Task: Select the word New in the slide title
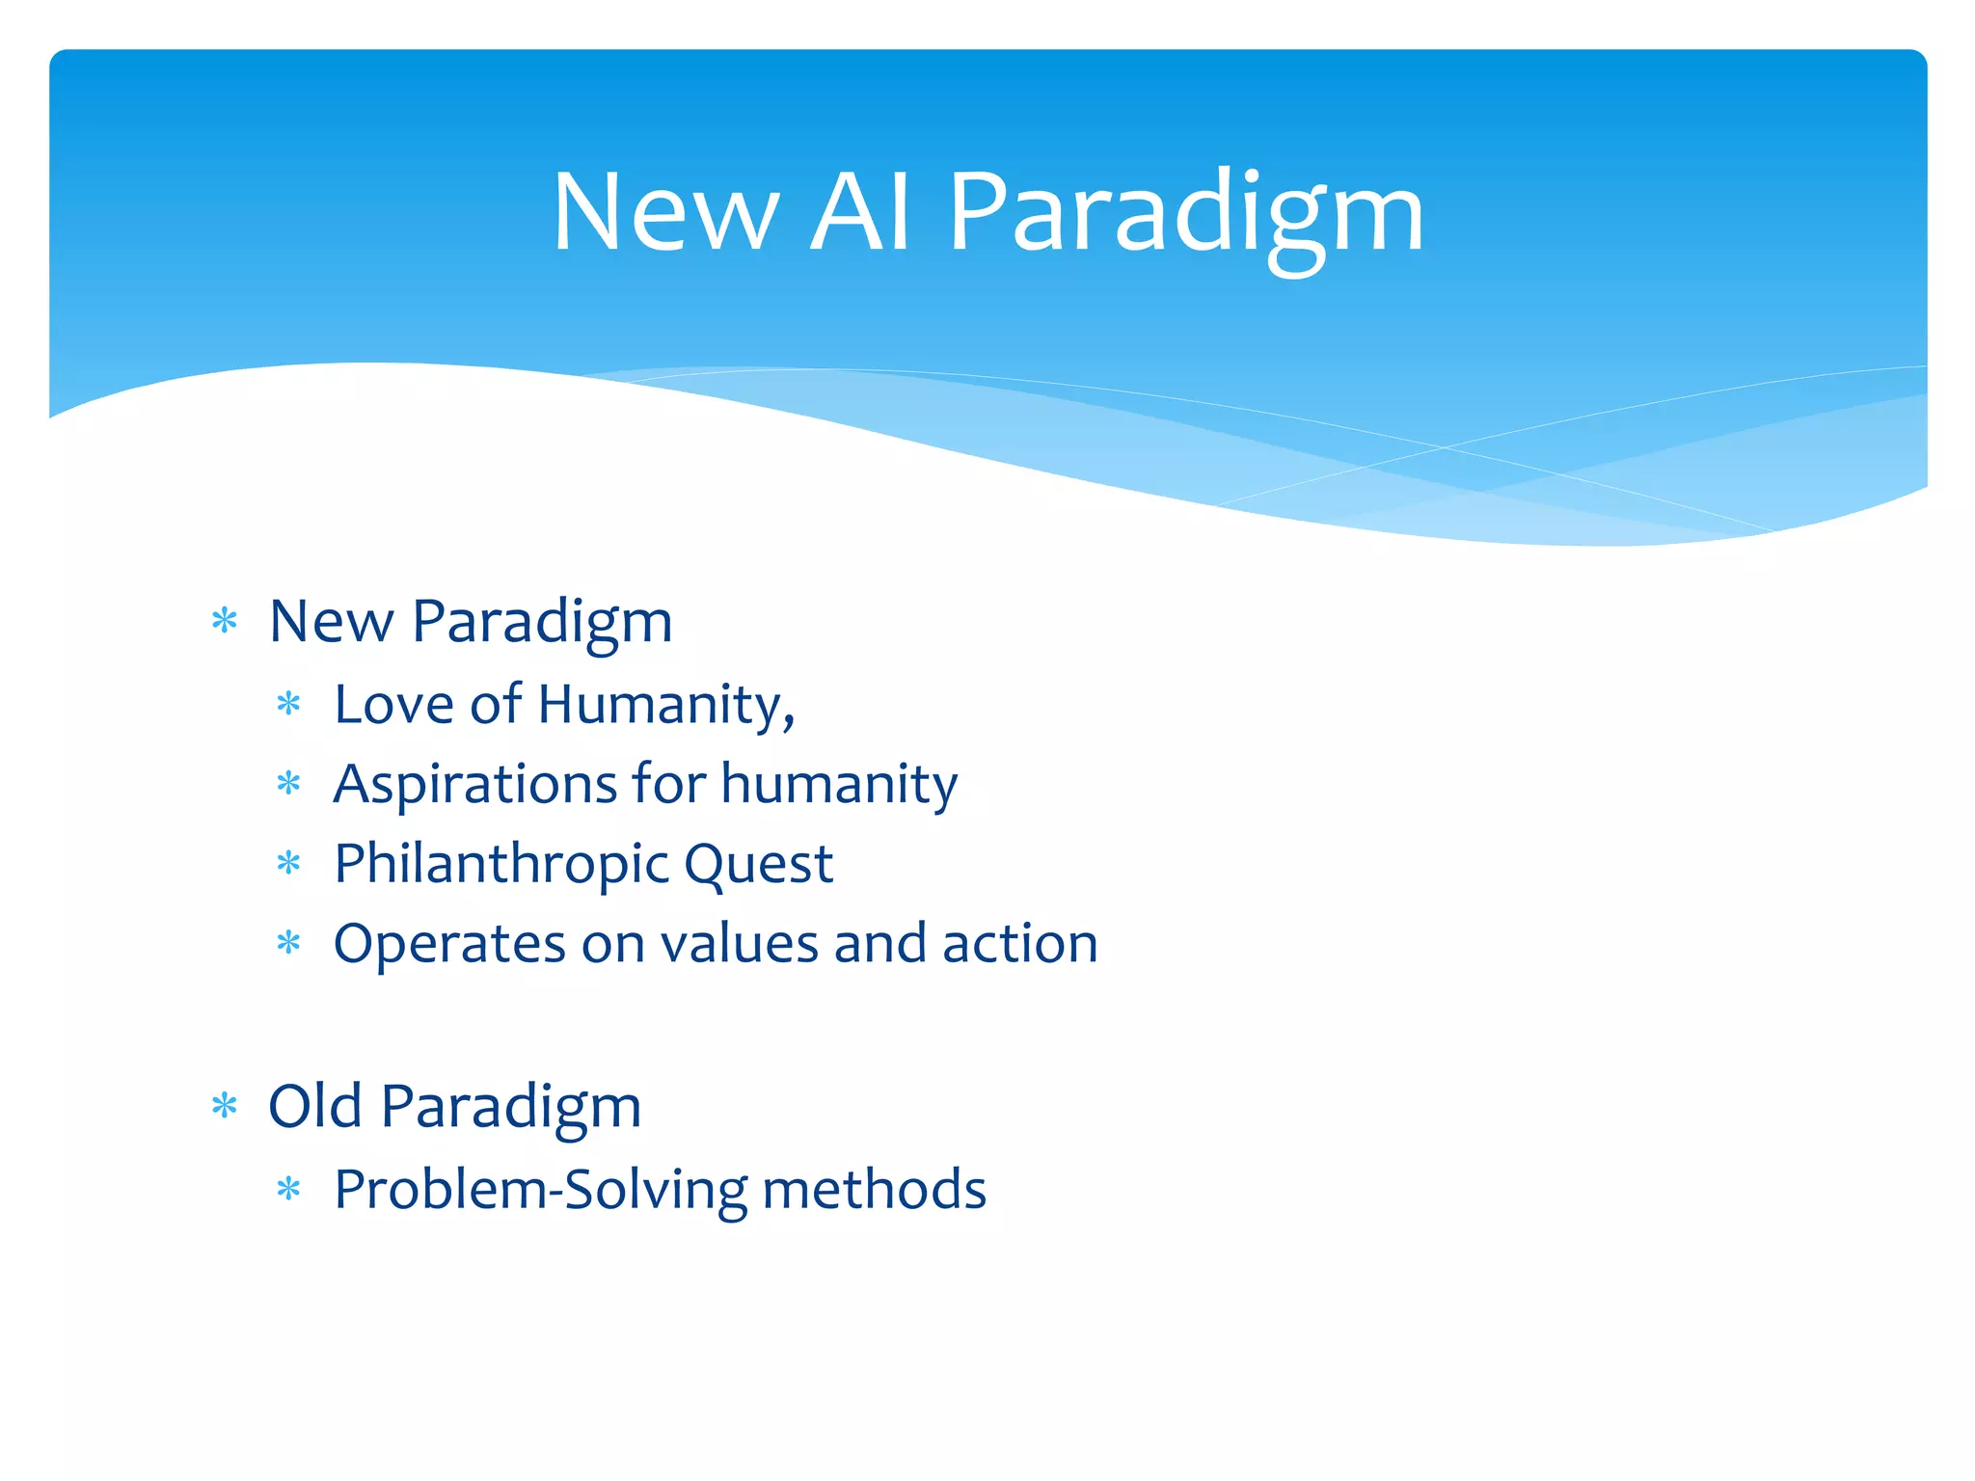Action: (665, 214)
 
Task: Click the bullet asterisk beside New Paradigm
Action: (224, 621)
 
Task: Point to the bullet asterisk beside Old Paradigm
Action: (224, 1106)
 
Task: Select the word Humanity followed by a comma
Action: (665, 706)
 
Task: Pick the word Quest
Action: (758, 864)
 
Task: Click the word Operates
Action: (448, 944)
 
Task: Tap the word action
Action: (1019, 943)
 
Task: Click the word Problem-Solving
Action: (540, 1190)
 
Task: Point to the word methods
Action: (874, 1188)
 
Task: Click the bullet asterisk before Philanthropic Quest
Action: (288, 863)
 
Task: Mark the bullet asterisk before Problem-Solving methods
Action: (288, 1190)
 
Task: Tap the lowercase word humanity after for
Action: (839, 784)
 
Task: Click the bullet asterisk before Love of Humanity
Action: (288, 704)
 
